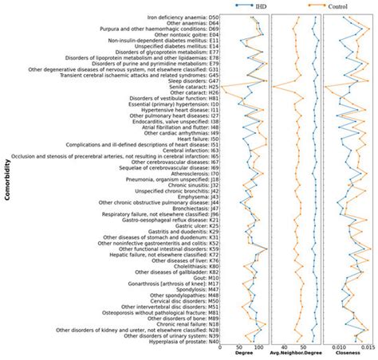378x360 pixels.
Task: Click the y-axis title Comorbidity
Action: pyautogui.click(x=6, y=183)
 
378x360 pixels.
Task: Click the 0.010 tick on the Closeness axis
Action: pyautogui.click(x=339, y=347)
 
